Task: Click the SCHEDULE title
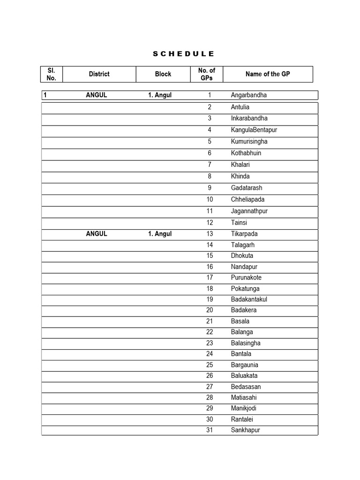[x=183, y=54]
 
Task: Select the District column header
[x=99, y=74]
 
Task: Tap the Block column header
[x=163, y=74]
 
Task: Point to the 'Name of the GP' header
[x=268, y=74]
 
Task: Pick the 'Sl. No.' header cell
[x=52, y=74]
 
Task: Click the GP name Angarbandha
[x=248, y=95]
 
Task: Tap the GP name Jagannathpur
[x=249, y=211]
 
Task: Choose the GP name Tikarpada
[x=244, y=234]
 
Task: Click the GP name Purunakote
[x=246, y=277]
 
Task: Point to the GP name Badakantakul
[x=249, y=300]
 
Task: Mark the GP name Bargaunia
[x=244, y=365]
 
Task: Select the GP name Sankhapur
[x=245, y=430]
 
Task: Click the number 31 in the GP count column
[x=210, y=430]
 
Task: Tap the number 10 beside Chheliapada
[x=210, y=200]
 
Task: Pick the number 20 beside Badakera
[x=210, y=310]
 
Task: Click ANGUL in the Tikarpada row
[x=97, y=234]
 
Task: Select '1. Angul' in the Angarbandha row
[x=160, y=95]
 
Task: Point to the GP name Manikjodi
[x=244, y=409]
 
